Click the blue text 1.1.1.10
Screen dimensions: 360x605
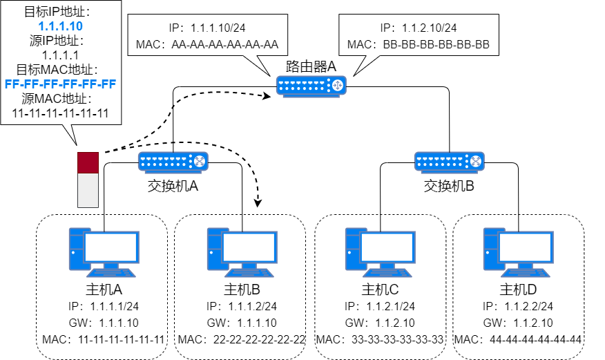(61, 26)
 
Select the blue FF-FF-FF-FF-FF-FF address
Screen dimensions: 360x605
(60, 84)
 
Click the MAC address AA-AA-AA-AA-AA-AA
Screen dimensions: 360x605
(224, 46)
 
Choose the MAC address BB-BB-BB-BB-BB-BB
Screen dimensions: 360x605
(436, 46)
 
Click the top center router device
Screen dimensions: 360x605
(311, 86)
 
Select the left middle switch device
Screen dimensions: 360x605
(173, 162)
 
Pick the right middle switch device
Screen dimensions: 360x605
(449, 162)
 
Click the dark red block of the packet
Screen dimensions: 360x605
(88, 162)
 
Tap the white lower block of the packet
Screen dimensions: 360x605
(88, 190)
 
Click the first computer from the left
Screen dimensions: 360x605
(104, 252)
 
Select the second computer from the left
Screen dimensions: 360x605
(242, 252)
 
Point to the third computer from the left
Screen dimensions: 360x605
(380, 252)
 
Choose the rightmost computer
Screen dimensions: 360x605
(518, 252)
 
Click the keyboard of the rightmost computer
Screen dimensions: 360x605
(526, 272)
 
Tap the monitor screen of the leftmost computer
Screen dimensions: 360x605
(111, 247)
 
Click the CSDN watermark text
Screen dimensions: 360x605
(547, 347)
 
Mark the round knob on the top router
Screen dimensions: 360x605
(337, 85)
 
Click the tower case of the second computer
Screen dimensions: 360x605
(214, 249)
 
